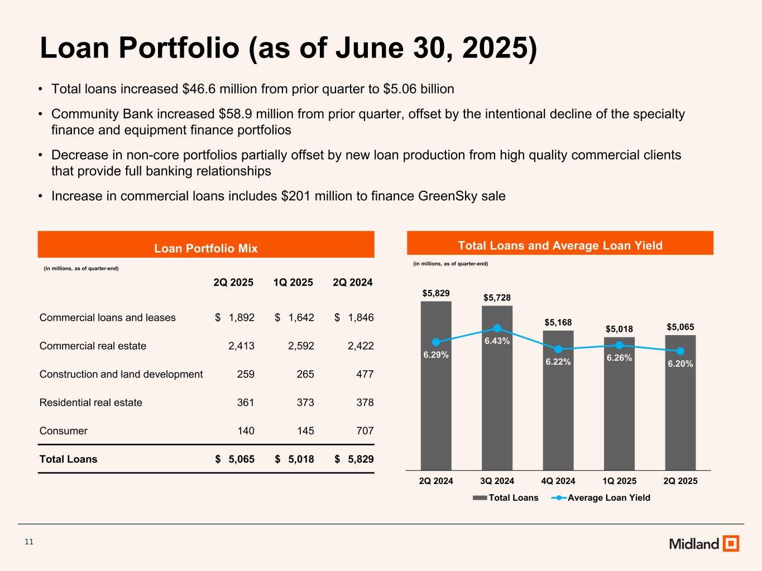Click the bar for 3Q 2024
click(497, 401)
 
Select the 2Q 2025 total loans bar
click(680, 413)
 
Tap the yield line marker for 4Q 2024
click(558, 349)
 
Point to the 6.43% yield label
click(497, 341)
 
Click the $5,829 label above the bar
click(436, 293)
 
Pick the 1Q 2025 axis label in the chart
click(619, 481)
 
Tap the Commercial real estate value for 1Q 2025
click(301, 346)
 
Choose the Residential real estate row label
click(91, 403)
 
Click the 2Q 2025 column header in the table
click(233, 283)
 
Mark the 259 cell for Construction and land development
click(246, 374)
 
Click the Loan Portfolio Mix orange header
click(206, 248)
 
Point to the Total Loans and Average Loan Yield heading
click(560, 245)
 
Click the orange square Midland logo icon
click(731, 543)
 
